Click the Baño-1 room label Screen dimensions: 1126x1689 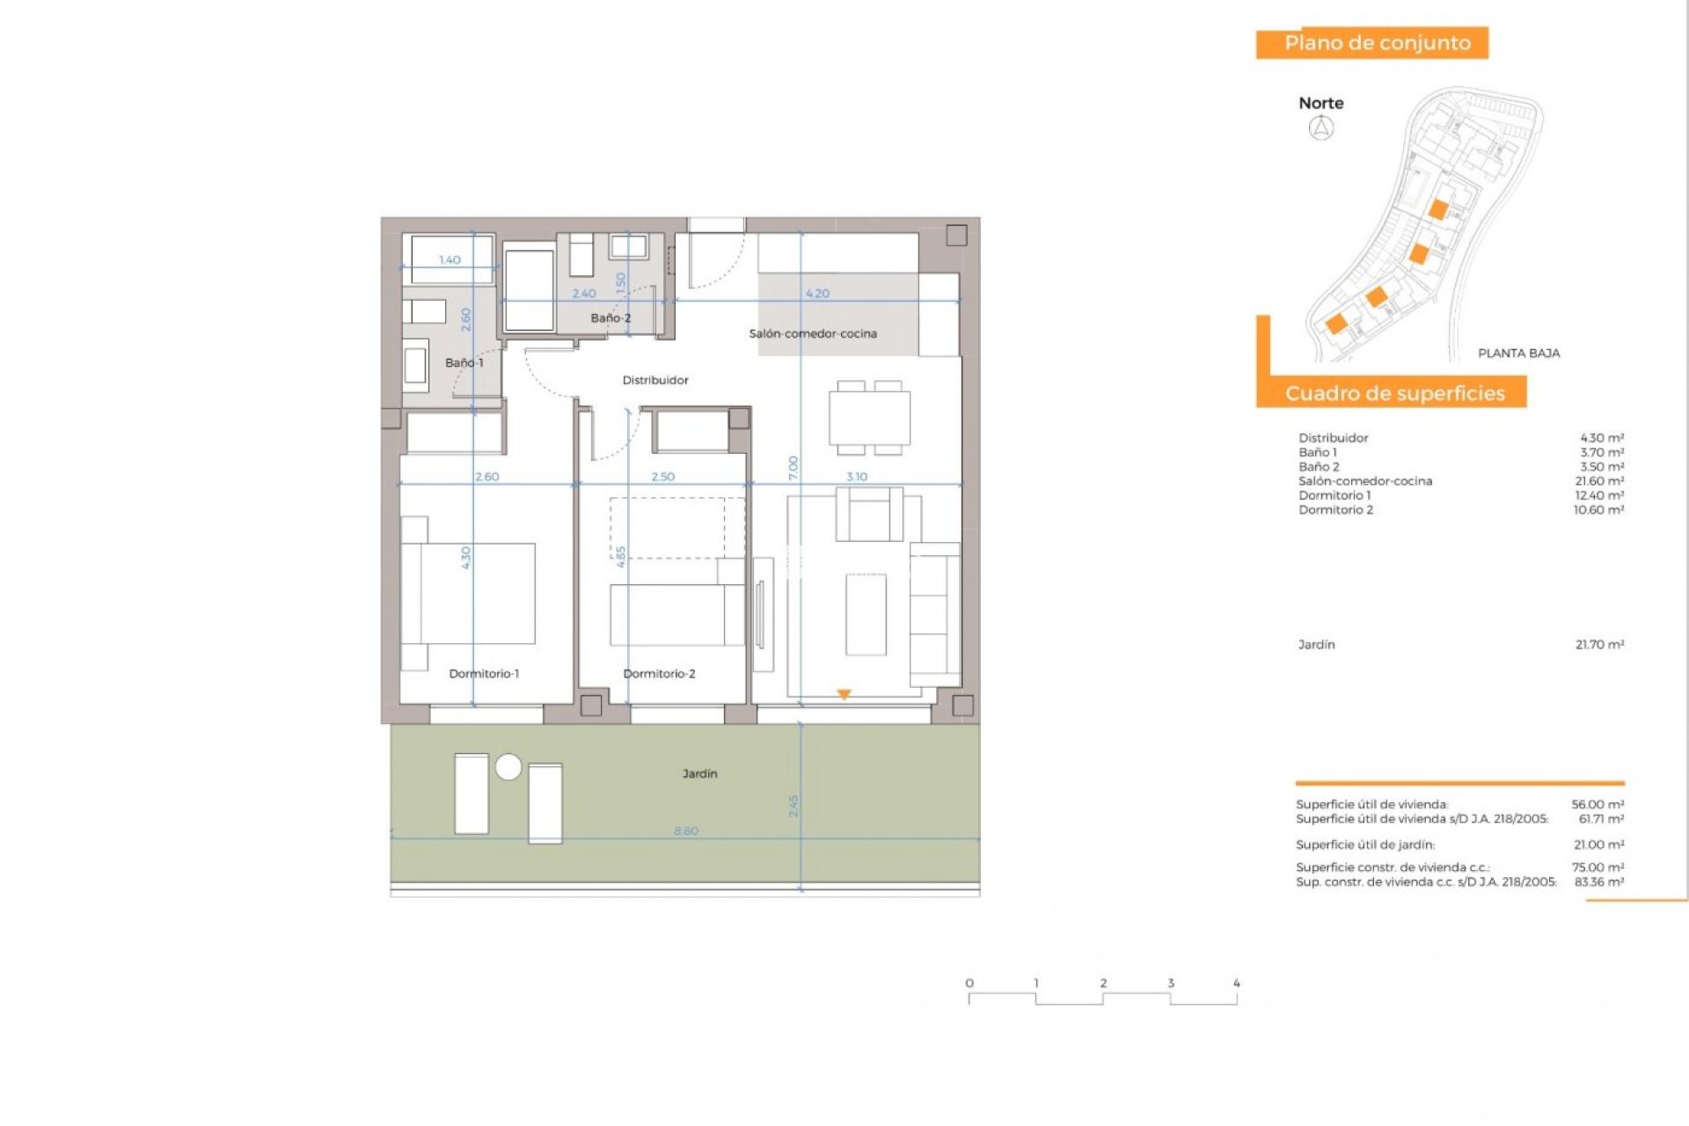[x=464, y=362]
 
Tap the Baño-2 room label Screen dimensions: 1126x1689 [x=611, y=318]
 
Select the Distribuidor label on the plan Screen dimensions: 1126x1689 [x=655, y=380]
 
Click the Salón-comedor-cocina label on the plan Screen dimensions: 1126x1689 [x=813, y=333]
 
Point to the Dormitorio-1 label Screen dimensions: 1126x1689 [x=484, y=674]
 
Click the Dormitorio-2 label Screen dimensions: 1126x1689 [x=659, y=674]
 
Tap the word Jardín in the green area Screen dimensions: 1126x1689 [x=699, y=774]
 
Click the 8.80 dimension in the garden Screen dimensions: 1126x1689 [x=686, y=830]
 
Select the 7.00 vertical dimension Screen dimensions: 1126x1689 [x=793, y=467]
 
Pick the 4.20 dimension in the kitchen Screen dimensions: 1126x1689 [x=817, y=294]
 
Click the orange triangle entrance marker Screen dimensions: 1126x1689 [x=844, y=695]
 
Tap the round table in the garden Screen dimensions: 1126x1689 [x=508, y=767]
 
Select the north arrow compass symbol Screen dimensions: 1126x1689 [x=1321, y=128]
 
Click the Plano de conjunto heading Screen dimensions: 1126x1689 [x=1377, y=43]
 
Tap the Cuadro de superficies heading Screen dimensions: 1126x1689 [x=1394, y=393]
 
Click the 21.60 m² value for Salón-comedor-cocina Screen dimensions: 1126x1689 [x=1598, y=481]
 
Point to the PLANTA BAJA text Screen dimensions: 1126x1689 [x=1518, y=354]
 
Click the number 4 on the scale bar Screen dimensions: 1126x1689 [x=1236, y=983]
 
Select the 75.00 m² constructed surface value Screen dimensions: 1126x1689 [x=1598, y=867]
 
